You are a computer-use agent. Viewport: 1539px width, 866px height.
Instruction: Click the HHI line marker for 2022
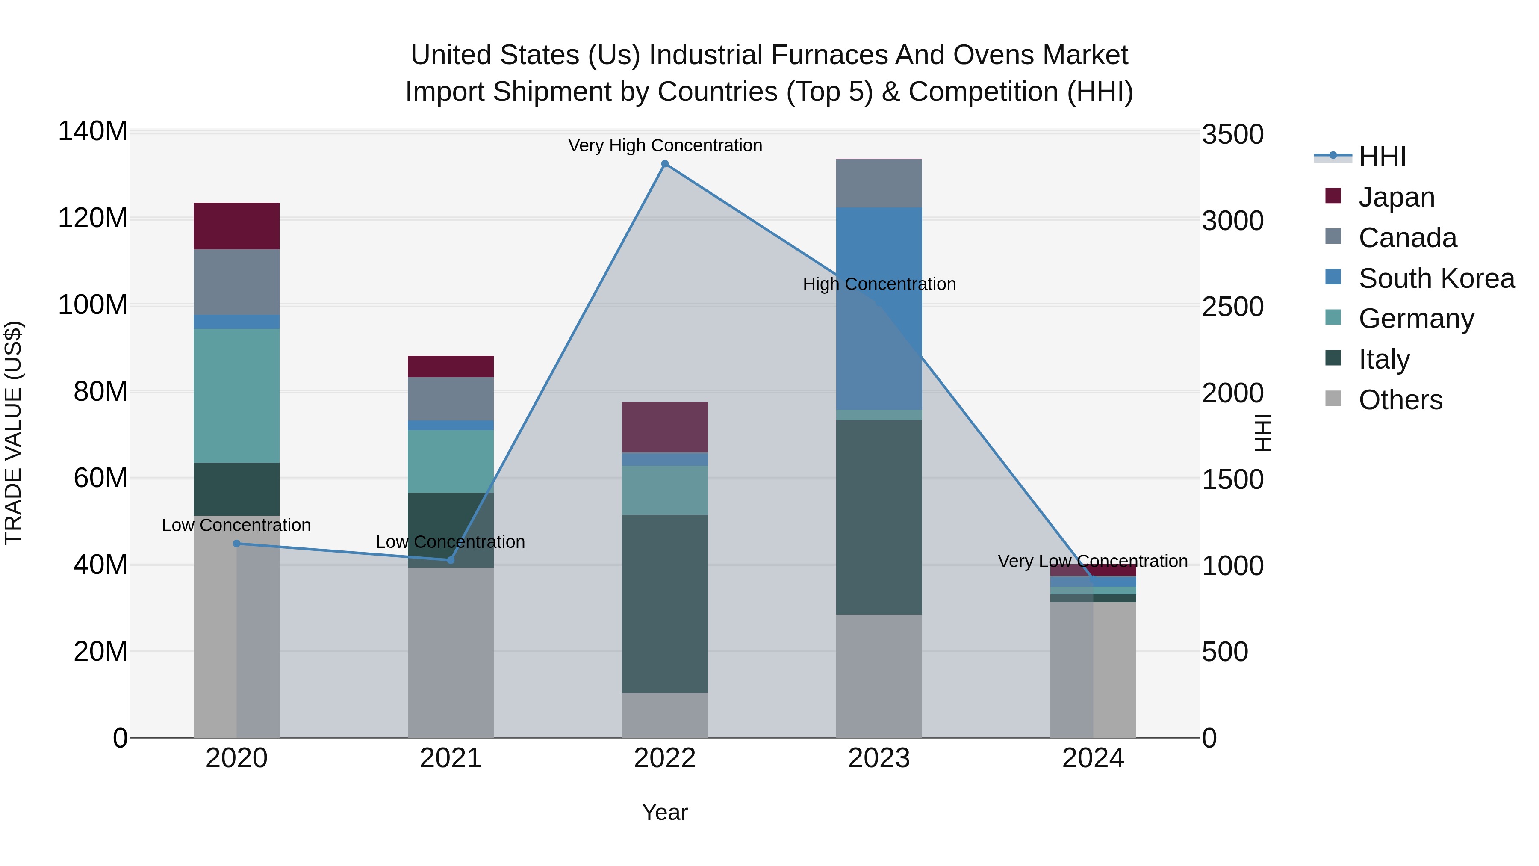click(665, 164)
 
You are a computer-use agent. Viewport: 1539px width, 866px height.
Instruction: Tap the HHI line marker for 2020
click(236, 543)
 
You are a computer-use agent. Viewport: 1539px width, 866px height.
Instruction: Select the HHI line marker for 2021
click(451, 560)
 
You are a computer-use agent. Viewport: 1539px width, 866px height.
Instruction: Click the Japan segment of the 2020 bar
click(236, 226)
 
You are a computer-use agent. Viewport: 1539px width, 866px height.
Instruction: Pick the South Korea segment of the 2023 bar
click(879, 308)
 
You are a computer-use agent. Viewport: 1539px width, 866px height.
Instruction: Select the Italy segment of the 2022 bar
click(665, 603)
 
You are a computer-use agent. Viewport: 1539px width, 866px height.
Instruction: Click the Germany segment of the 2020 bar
click(236, 396)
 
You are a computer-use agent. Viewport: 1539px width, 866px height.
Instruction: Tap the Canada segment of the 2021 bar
click(451, 399)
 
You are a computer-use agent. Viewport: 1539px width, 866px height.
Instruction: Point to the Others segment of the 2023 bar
click(879, 675)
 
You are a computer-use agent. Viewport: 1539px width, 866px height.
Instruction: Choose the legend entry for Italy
click(1384, 359)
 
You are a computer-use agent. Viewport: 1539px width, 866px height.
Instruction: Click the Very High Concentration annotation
click(665, 145)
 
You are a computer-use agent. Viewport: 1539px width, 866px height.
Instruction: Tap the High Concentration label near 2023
click(879, 284)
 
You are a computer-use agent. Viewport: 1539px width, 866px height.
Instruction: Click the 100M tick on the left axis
click(93, 305)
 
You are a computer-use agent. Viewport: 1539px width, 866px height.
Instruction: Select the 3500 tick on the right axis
click(1232, 134)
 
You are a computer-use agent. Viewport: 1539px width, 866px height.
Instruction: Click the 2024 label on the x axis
click(1093, 758)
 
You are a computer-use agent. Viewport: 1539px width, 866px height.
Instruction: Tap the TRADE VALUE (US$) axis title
click(13, 433)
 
